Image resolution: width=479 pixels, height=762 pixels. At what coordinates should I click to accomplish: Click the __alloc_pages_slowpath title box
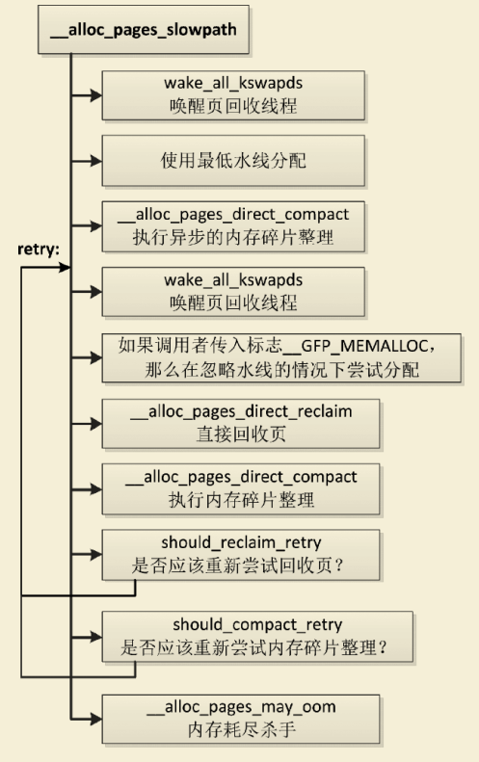tap(144, 30)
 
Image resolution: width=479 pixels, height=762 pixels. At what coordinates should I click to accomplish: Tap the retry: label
tap(38, 249)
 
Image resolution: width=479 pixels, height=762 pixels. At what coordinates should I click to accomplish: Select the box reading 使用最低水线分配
tap(234, 159)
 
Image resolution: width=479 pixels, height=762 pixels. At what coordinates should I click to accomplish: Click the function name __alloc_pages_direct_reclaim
tap(241, 411)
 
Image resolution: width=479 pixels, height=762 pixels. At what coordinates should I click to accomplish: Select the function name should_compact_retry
tap(258, 625)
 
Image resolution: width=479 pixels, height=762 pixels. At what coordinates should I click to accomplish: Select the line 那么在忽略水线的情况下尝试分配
tap(279, 366)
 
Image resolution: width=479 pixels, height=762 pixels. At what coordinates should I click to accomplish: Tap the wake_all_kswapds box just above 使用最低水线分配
tap(234, 94)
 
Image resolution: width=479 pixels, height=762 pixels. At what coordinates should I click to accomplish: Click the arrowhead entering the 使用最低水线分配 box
tap(96, 159)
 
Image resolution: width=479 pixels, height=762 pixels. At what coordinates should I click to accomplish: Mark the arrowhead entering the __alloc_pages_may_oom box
tap(96, 719)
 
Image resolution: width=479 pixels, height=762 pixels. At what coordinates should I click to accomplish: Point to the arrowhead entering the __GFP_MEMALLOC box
tap(96, 356)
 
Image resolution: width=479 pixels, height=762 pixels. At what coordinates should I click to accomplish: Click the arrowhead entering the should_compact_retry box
tap(96, 636)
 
